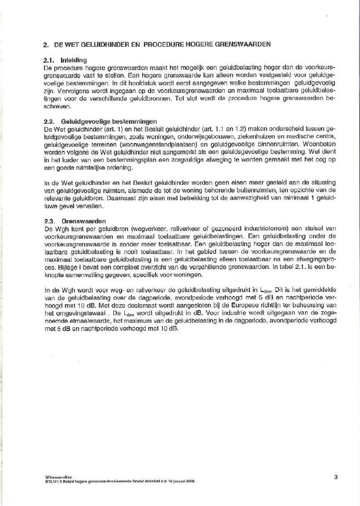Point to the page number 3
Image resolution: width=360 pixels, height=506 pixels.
[335, 477]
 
